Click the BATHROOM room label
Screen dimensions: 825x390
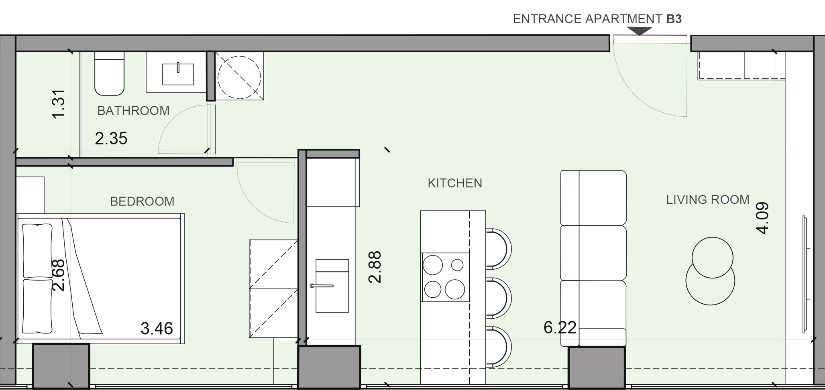click(133, 111)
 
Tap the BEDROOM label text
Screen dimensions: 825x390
click(142, 201)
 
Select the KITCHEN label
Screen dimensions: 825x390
click(455, 183)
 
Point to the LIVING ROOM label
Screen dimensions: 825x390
click(708, 200)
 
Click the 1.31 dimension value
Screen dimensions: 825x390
click(59, 104)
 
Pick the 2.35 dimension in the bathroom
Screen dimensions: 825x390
click(111, 138)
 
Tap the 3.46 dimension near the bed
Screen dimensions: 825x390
click(157, 329)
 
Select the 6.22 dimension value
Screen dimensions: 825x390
click(560, 328)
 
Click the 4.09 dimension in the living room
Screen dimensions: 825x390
click(762, 218)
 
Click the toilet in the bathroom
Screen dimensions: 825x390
click(109, 73)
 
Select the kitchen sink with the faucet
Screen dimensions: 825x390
click(332, 286)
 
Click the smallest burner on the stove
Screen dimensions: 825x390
click(457, 265)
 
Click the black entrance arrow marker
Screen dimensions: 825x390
click(639, 31)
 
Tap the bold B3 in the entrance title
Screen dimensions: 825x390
click(674, 19)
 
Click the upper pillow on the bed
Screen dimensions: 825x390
click(38, 251)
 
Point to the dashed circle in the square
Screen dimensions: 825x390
click(239, 76)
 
